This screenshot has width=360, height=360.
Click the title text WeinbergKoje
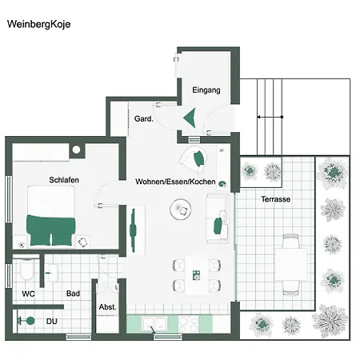(x=38, y=24)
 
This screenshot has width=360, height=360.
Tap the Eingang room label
(x=206, y=90)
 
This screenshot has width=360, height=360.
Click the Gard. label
(x=143, y=118)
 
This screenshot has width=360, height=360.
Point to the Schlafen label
(x=63, y=180)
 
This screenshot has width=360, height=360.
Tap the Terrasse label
(x=275, y=198)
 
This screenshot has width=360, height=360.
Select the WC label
(x=28, y=294)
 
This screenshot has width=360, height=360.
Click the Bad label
(x=73, y=294)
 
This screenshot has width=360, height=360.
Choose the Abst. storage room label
(x=107, y=307)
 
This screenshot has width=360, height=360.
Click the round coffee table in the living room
(x=181, y=210)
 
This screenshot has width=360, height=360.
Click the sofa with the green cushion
(x=216, y=218)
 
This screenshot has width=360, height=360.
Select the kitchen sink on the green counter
(x=154, y=324)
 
